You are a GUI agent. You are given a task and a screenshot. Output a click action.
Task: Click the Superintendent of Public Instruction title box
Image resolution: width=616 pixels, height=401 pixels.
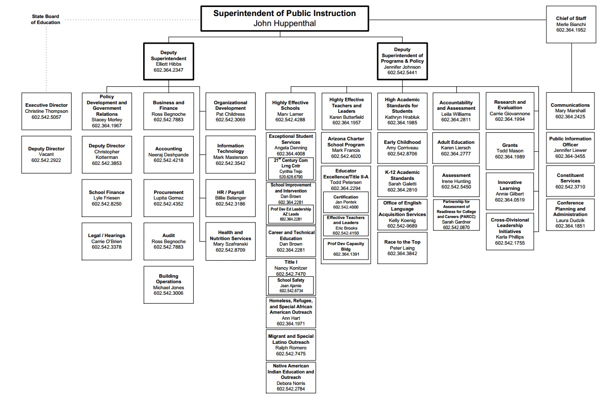(x=285, y=18)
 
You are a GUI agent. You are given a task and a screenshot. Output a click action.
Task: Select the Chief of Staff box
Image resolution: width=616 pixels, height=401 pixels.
(x=570, y=24)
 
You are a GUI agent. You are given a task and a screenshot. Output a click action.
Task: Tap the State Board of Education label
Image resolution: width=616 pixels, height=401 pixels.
(x=45, y=20)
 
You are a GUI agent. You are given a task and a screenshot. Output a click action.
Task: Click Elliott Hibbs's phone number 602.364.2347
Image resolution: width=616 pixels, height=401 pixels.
(x=168, y=70)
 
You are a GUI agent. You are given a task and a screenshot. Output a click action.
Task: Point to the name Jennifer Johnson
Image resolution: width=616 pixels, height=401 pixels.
(x=402, y=67)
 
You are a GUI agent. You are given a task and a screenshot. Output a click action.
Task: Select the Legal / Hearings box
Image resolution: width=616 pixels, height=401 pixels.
(x=106, y=241)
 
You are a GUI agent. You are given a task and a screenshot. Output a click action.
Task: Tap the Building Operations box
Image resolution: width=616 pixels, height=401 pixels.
(x=168, y=285)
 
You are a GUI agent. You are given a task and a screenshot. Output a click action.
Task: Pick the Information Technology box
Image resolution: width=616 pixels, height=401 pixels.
(x=230, y=154)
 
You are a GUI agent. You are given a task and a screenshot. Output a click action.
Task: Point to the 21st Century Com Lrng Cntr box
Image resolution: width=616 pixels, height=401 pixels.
(x=290, y=168)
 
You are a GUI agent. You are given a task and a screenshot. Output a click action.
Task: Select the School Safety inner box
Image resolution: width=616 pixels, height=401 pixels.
(x=291, y=285)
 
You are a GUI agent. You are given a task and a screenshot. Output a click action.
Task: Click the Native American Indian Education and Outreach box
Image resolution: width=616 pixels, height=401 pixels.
(x=290, y=377)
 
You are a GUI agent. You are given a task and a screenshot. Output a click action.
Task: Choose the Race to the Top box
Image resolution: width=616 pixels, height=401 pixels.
(x=402, y=248)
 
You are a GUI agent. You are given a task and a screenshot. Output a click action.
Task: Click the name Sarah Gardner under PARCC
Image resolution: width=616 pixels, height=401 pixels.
(x=456, y=222)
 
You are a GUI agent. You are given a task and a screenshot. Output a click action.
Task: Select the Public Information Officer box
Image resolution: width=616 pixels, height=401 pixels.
(x=570, y=147)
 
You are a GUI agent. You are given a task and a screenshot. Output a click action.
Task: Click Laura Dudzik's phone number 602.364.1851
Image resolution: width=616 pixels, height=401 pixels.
(x=570, y=226)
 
